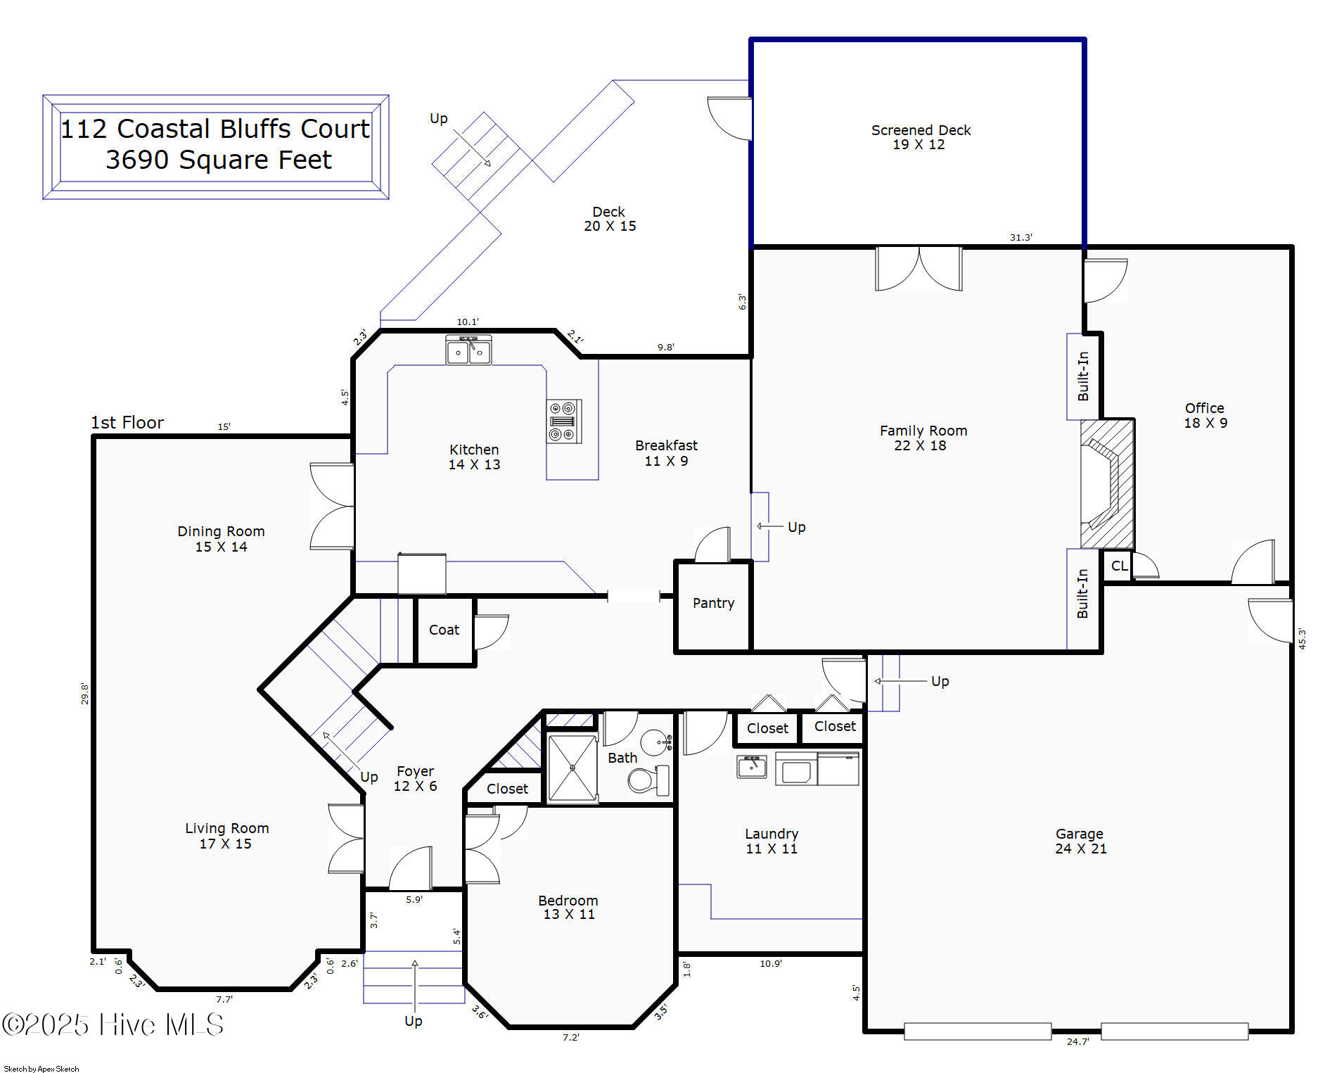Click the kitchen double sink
click(468, 350)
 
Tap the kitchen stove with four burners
click(564, 421)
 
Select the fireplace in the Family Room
click(1107, 484)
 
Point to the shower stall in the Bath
click(572, 768)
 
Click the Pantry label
click(713, 603)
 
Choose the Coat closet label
click(444, 630)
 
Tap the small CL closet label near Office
click(1119, 566)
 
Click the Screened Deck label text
click(921, 130)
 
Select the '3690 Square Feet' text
click(219, 160)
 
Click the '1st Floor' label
click(127, 422)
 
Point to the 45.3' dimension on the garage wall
click(1302, 639)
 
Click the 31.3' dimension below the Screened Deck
click(1020, 238)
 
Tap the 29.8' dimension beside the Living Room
click(84, 693)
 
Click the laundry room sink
click(752, 766)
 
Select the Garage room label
click(1079, 834)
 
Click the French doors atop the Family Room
click(919, 268)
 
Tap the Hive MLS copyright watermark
click(113, 1024)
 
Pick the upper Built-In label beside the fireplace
click(1083, 376)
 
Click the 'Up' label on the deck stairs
click(439, 118)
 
